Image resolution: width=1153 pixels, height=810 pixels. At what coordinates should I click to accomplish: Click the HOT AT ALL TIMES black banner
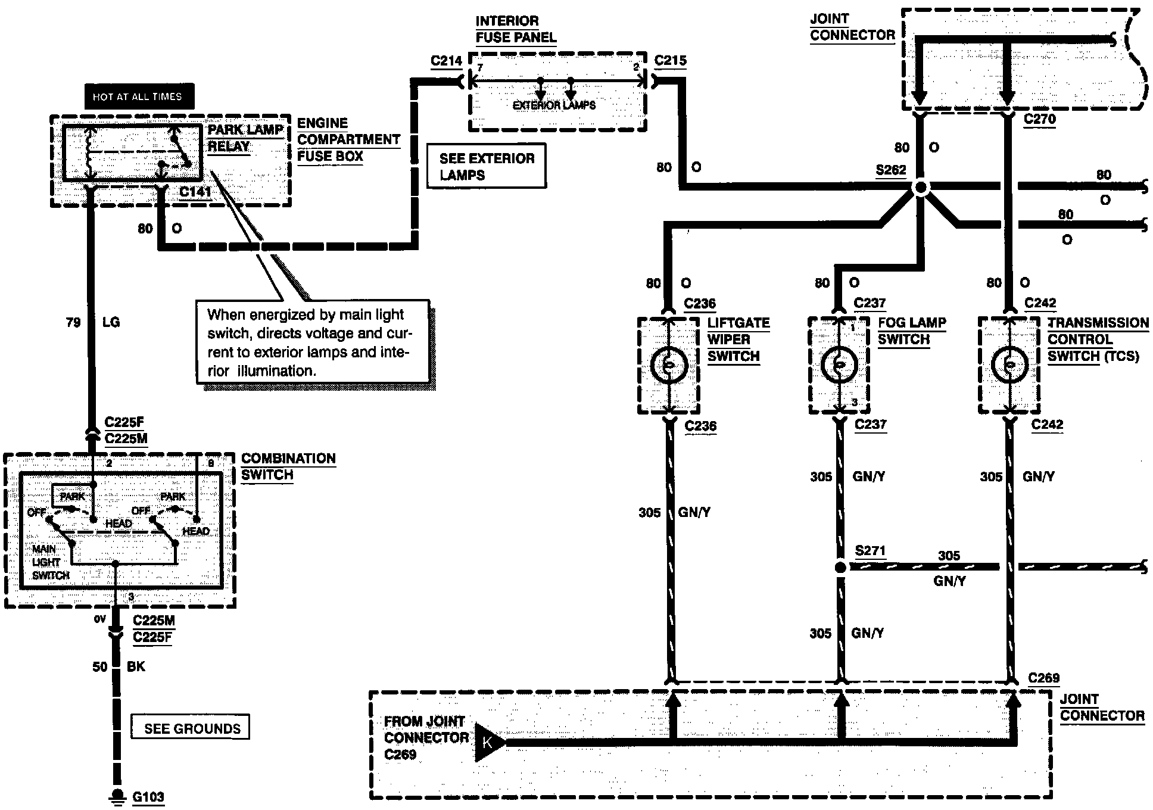pyautogui.click(x=139, y=96)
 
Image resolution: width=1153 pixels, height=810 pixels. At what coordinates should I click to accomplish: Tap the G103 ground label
pyautogui.click(x=148, y=796)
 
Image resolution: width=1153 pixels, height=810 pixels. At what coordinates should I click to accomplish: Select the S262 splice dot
pyautogui.click(x=921, y=188)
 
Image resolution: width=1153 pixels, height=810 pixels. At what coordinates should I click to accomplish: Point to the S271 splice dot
pyautogui.click(x=840, y=568)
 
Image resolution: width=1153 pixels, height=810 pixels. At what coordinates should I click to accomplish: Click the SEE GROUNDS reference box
pyautogui.click(x=191, y=728)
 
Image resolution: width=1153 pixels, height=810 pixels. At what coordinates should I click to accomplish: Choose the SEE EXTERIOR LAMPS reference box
pyautogui.click(x=487, y=166)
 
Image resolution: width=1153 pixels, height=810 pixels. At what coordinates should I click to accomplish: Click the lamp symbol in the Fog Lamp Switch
pyautogui.click(x=839, y=364)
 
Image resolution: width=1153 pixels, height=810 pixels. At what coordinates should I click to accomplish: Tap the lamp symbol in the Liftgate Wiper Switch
pyautogui.click(x=669, y=364)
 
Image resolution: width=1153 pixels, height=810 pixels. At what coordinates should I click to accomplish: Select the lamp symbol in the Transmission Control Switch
pyautogui.click(x=1010, y=364)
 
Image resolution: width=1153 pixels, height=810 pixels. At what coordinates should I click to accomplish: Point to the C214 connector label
pyautogui.click(x=447, y=60)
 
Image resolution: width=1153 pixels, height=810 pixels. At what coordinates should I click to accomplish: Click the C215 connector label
pyautogui.click(x=670, y=60)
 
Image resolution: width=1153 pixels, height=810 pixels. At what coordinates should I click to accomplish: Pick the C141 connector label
pyautogui.click(x=195, y=192)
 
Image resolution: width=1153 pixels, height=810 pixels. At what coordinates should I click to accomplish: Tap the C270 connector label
pyautogui.click(x=1040, y=119)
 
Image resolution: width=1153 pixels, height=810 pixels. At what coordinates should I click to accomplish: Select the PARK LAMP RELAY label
pyautogui.click(x=245, y=138)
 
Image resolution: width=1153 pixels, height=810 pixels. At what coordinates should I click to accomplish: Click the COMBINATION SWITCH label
pyautogui.click(x=288, y=467)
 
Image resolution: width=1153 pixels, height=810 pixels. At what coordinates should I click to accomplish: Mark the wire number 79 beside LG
pyautogui.click(x=73, y=323)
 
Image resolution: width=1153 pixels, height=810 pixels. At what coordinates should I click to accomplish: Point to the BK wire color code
pyautogui.click(x=136, y=666)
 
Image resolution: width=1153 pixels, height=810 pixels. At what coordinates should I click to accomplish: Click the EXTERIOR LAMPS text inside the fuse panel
pyautogui.click(x=554, y=105)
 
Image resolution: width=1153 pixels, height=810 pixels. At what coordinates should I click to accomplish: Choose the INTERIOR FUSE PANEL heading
pyautogui.click(x=516, y=29)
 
